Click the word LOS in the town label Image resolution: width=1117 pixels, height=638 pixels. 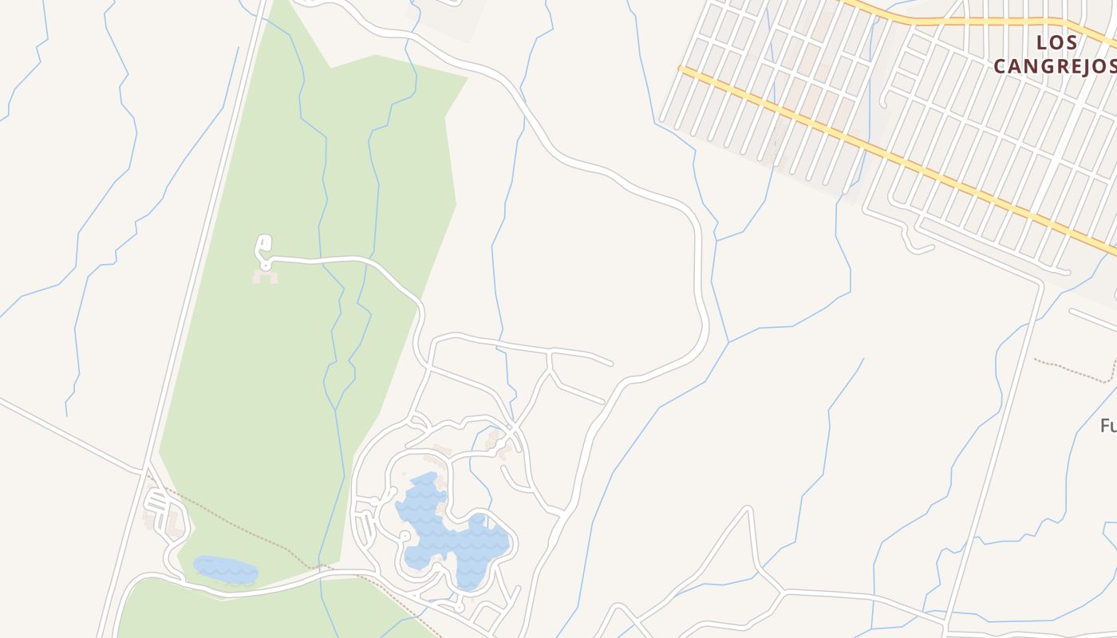click(x=1057, y=43)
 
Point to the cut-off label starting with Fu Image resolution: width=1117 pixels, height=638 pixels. click(x=1107, y=426)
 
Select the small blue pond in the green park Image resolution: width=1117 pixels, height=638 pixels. click(x=226, y=569)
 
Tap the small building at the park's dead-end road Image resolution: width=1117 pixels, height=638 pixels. click(x=266, y=277)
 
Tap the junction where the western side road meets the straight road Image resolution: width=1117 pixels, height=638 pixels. click(x=144, y=470)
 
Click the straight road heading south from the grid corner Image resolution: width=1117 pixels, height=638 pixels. click(x=997, y=447)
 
